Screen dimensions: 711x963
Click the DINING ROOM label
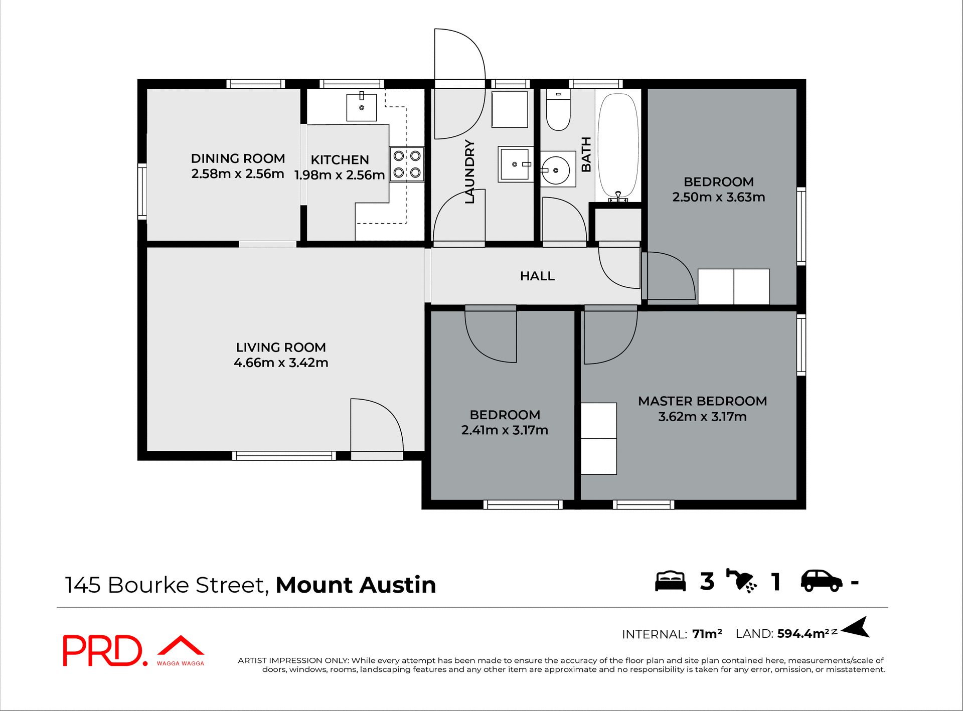pyautogui.click(x=238, y=158)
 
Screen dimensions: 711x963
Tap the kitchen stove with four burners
pyautogui.click(x=407, y=164)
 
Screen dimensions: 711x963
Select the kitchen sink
pyautogui.click(x=361, y=107)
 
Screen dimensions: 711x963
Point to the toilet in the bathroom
pyautogui.click(x=558, y=110)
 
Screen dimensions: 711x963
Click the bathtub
pyautogui.click(x=618, y=145)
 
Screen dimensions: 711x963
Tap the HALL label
pyautogui.click(x=537, y=276)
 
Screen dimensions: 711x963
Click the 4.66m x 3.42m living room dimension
pyautogui.click(x=281, y=363)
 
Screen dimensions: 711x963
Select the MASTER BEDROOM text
pyautogui.click(x=702, y=401)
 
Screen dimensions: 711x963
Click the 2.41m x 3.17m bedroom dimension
pyautogui.click(x=505, y=430)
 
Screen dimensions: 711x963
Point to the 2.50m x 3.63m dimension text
pyautogui.click(x=718, y=197)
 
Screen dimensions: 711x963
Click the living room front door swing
pyautogui.click(x=376, y=425)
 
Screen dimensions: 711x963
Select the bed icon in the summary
pyautogui.click(x=670, y=582)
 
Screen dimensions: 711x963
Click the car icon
pyautogui.click(x=821, y=581)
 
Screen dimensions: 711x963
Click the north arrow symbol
pyautogui.click(x=856, y=627)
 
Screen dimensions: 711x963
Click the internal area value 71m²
pyautogui.click(x=707, y=634)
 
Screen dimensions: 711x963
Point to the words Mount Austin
pyautogui.click(x=356, y=585)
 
